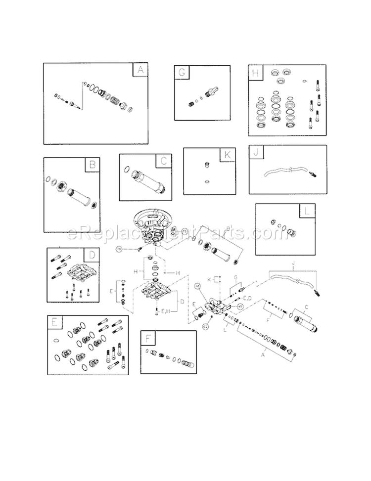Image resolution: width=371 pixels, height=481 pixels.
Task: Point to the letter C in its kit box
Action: pos(163,161)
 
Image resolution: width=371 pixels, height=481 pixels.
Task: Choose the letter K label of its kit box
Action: pos(227,155)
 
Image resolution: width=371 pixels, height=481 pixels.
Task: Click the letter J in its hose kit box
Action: pos(256,153)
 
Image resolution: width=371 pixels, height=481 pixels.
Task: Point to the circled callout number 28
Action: pos(197,286)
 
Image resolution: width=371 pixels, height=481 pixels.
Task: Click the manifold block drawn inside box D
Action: pos(80,272)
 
